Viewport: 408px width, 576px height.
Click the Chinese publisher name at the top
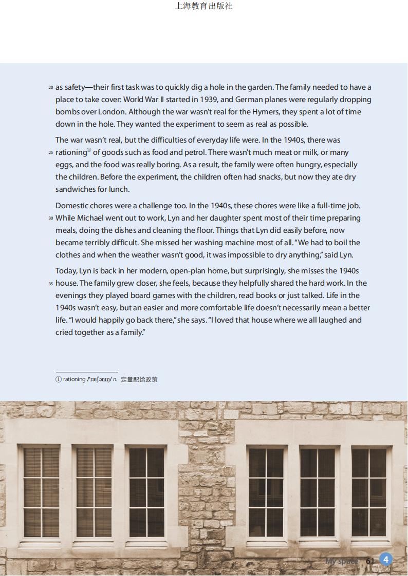(203, 6)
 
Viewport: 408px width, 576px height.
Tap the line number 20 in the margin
(51, 88)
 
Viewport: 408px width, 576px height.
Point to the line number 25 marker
(51, 153)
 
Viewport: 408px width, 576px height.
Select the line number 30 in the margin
(51, 219)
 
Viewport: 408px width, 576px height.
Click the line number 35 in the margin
(51, 284)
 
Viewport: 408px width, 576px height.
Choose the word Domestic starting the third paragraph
(72, 206)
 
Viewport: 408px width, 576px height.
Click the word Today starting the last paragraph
(66, 271)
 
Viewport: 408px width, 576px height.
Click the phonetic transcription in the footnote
(99, 380)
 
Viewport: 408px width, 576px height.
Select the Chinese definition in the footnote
(139, 380)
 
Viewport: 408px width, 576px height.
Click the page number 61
(370, 561)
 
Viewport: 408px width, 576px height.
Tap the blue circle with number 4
(385, 560)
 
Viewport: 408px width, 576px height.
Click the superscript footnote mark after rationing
(89, 150)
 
